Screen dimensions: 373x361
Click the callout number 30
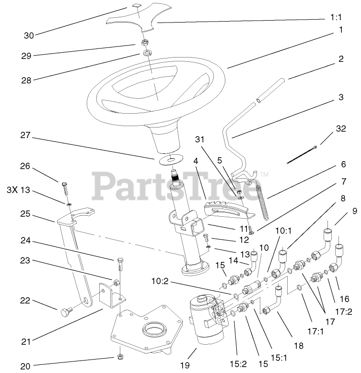[29, 35]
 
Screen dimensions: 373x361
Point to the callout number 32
[341, 128]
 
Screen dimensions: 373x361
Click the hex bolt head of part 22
[65, 314]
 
